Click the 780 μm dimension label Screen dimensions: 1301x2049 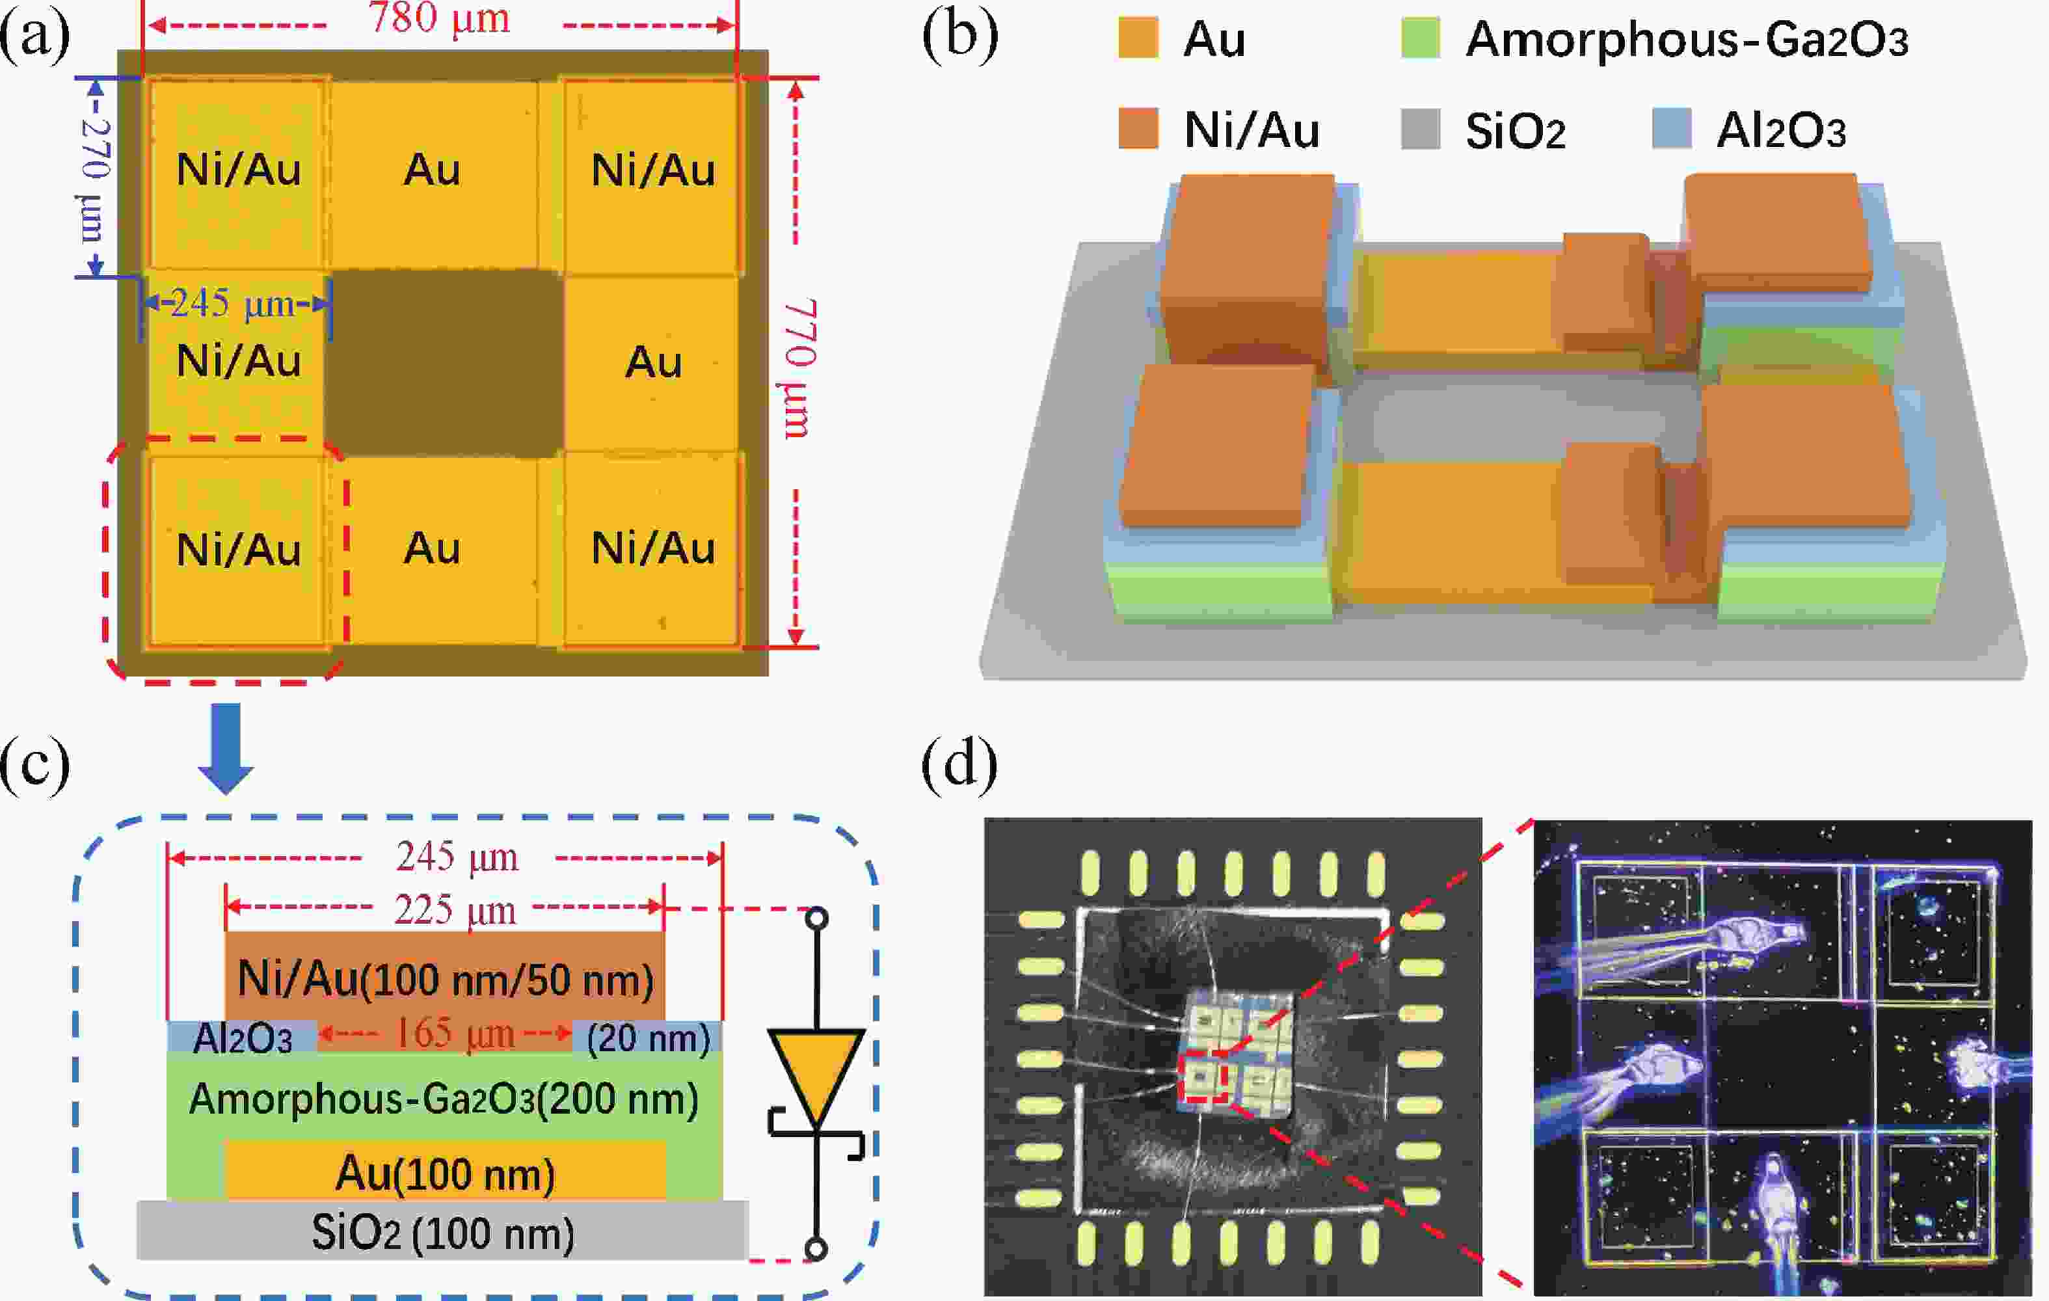coord(439,19)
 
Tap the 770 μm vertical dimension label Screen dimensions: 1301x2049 coord(798,368)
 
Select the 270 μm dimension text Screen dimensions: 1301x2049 coord(96,179)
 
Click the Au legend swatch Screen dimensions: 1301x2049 coord(1138,39)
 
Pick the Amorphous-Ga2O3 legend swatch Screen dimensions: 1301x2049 coord(1420,39)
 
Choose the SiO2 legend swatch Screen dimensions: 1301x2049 coord(1420,129)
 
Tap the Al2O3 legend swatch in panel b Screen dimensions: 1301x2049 coord(1671,129)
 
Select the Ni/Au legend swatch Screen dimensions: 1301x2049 coord(1138,129)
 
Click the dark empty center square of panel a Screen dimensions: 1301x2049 coord(444,364)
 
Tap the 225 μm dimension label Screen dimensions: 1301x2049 coord(455,911)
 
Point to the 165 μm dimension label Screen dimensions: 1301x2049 coord(455,1035)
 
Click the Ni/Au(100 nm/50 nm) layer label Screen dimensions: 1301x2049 coord(445,980)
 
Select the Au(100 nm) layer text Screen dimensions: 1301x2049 coord(445,1174)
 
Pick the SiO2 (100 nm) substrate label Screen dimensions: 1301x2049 coord(442,1233)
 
